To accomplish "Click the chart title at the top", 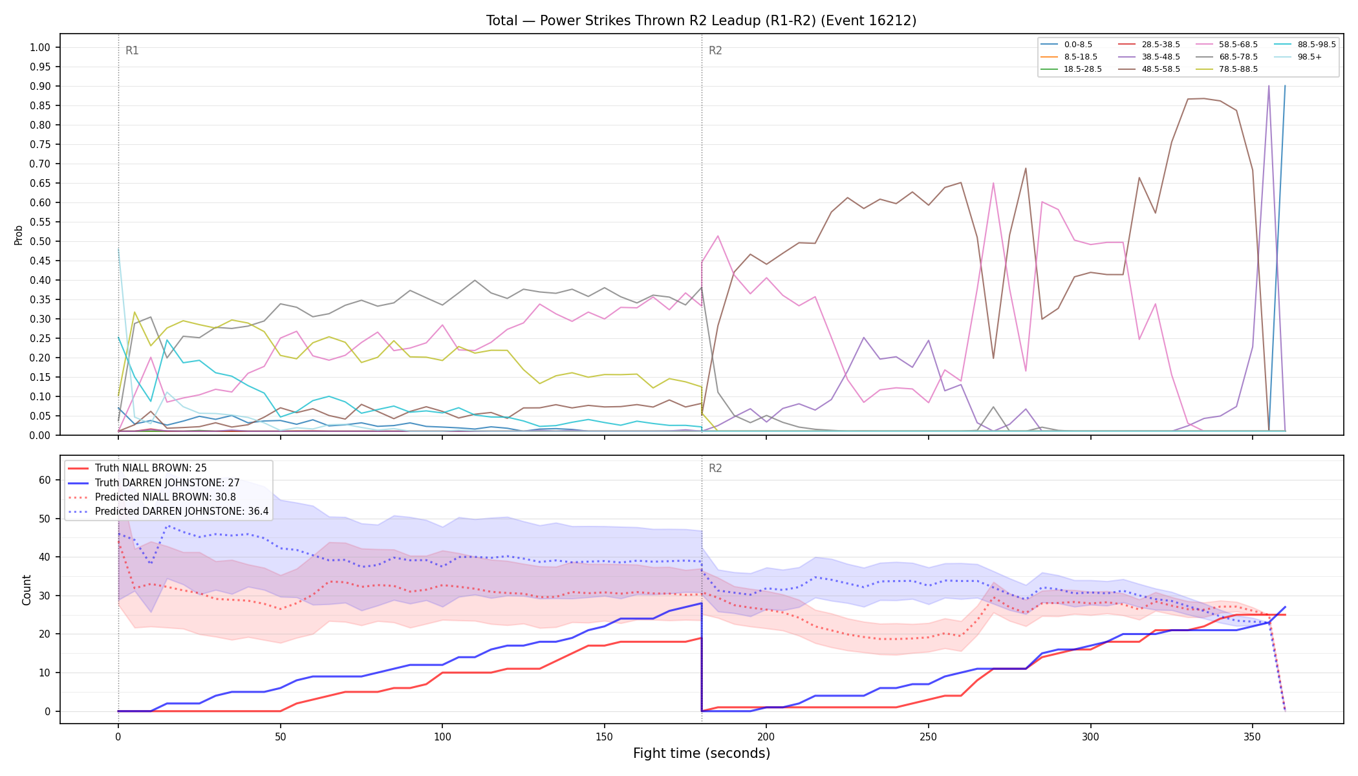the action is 701,21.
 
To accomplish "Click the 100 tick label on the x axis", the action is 442,737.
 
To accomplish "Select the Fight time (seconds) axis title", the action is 702,753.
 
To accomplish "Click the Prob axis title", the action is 19,235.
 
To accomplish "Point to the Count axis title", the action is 27,590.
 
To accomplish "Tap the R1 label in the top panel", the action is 132,50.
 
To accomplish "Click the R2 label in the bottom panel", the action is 715,468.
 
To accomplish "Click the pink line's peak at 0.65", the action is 993,183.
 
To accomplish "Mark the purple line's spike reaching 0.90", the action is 1269,86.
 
